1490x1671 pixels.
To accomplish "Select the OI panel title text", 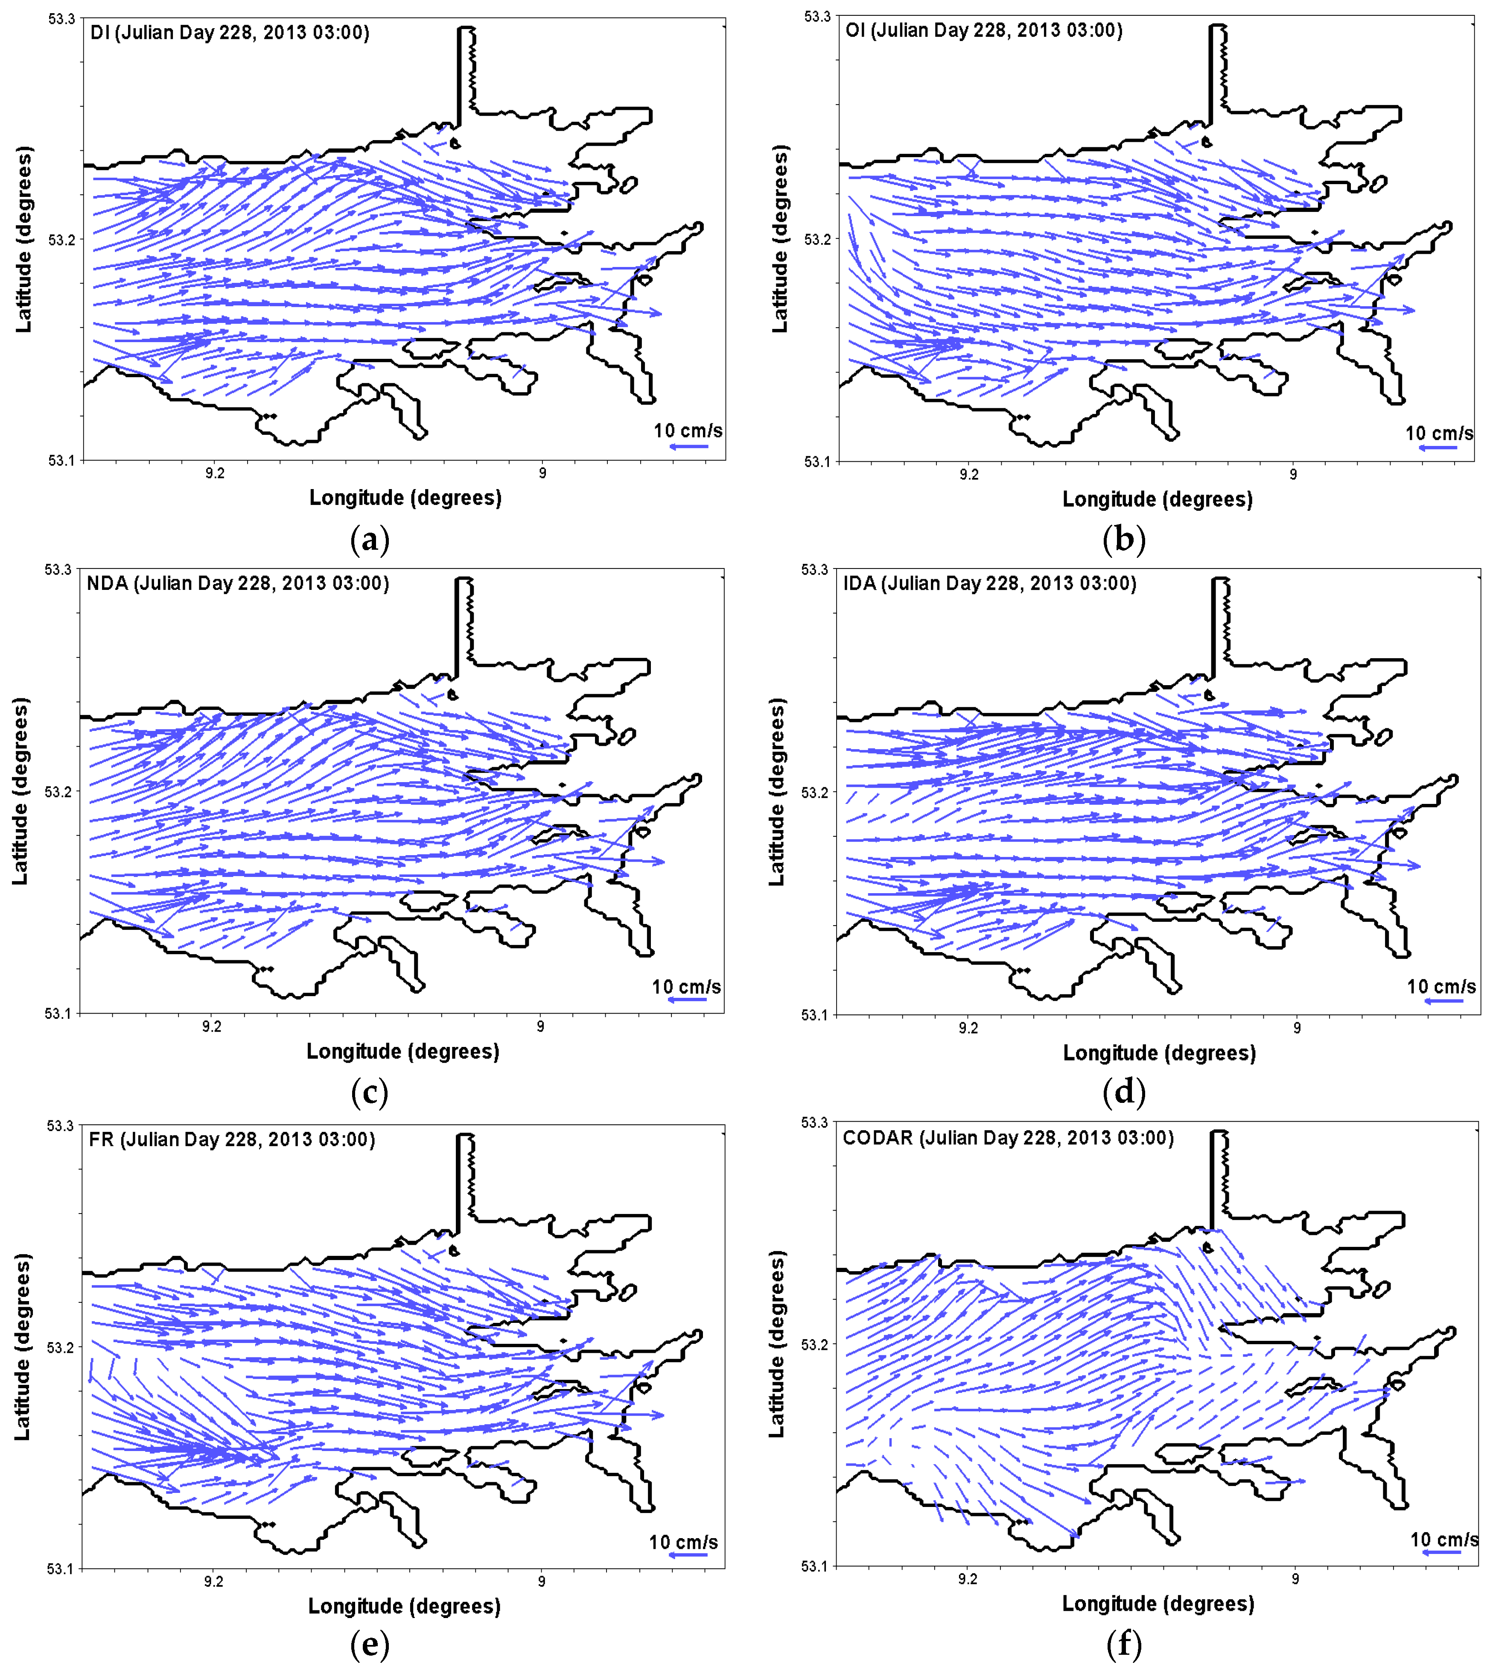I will point(983,30).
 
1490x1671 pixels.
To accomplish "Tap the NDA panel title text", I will point(237,583).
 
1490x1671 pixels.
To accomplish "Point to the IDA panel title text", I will point(990,583).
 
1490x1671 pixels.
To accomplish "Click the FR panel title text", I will point(232,1139).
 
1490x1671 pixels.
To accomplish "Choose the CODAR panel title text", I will point(1008,1138).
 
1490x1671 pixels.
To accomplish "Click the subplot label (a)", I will point(369,540).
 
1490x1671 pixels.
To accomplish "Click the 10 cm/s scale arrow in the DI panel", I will point(688,446).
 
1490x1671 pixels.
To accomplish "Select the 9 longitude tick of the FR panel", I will point(541,1582).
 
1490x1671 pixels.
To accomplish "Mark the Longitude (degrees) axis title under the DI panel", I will point(405,497).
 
